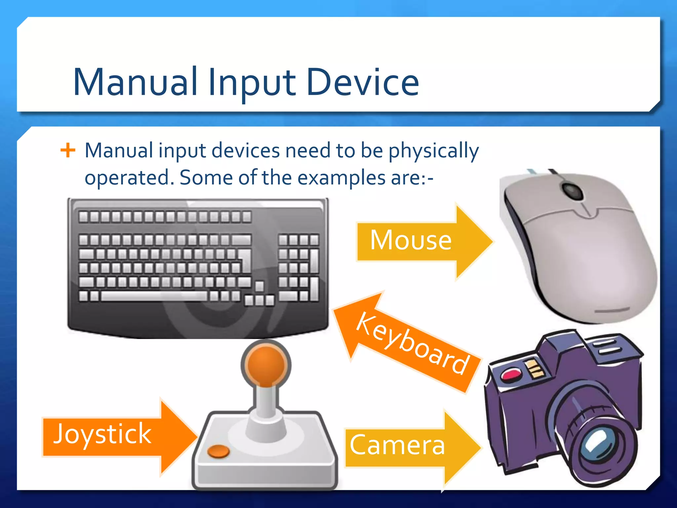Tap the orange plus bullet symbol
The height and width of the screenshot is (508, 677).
click(68, 150)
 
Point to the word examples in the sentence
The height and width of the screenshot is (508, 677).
click(341, 178)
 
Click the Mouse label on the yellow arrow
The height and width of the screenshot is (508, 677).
click(411, 240)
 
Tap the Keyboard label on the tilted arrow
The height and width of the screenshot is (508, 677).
click(413, 344)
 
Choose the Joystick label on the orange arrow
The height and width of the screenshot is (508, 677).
click(102, 434)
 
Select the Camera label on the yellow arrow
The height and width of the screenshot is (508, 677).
click(397, 445)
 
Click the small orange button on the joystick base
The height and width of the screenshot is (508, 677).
click(218, 451)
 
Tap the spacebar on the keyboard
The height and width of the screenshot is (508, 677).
click(154, 296)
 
